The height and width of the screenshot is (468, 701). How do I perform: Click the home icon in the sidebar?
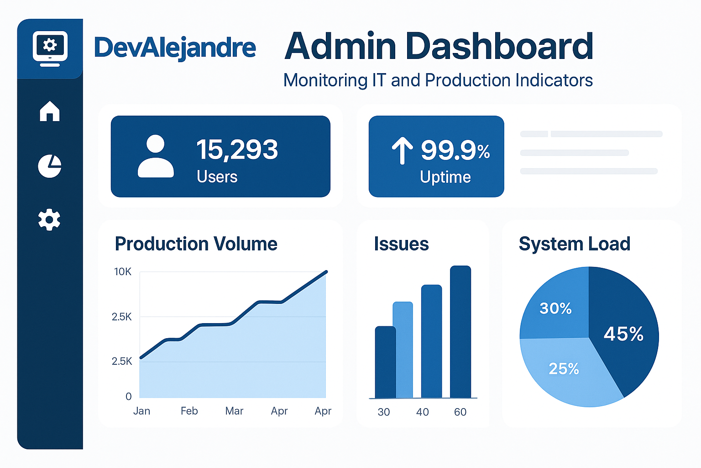click(50, 111)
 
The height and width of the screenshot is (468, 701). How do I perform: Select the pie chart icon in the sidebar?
click(50, 166)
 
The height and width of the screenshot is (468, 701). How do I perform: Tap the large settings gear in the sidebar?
click(49, 220)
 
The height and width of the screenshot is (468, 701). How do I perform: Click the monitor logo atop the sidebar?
click(50, 48)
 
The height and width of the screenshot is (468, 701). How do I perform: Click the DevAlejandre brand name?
click(175, 48)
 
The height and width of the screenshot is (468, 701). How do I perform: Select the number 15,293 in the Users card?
click(237, 149)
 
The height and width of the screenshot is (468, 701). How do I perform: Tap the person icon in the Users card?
click(156, 156)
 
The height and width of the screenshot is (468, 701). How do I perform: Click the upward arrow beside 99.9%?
click(402, 151)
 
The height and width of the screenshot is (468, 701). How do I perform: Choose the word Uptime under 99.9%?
click(445, 177)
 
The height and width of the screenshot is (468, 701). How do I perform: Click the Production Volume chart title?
click(196, 244)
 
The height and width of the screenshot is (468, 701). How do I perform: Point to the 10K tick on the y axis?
click(122, 272)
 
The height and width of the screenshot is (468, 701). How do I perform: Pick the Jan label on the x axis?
click(141, 411)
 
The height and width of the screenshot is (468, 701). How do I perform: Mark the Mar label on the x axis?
click(234, 411)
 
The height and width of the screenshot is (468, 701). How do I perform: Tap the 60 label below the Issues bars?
click(460, 412)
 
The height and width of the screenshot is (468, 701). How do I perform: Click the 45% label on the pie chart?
click(623, 334)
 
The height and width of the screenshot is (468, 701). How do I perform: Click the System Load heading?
click(574, 244)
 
